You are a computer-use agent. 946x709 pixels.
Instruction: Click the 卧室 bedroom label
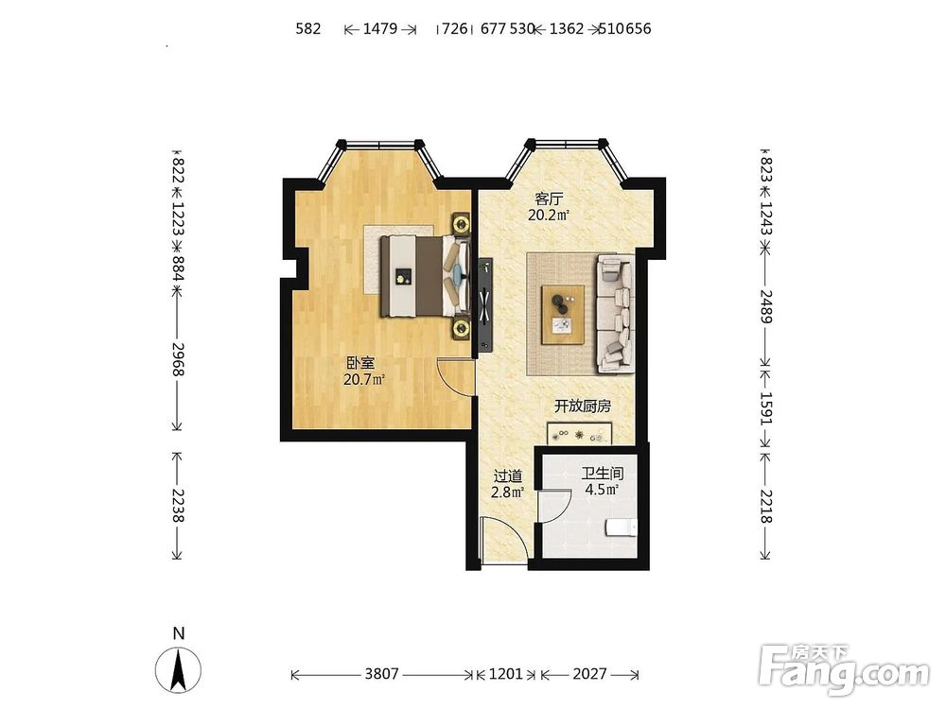click(360, 363)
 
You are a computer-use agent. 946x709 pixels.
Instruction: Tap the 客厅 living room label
click(549, 199)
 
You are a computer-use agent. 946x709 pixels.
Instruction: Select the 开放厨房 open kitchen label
click(583, 406)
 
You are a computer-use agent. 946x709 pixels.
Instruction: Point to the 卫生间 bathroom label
click(602, 474)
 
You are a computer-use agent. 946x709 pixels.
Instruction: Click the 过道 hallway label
click(507, 476)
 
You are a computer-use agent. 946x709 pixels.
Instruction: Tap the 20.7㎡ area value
click(364, 380)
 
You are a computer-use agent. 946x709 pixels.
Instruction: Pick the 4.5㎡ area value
click(602, 490)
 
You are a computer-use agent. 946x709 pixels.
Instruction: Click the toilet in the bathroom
click(621, 528)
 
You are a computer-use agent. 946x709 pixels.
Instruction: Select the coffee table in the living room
click(563, 315)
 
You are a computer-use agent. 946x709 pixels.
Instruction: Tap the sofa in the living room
click(616, 314)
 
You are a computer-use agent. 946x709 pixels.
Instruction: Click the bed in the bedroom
click(425, 275)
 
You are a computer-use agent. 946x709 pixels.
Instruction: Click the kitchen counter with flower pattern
click(579, 434)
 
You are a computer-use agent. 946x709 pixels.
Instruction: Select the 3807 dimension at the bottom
click(381, 673)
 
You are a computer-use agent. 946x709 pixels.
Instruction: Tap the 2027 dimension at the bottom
click(589, 673)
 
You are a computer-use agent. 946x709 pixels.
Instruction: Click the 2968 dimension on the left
click(178, 359)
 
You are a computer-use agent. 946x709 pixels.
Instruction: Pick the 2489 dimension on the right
click(765, 306)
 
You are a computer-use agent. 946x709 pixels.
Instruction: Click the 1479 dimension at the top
click(380, 28)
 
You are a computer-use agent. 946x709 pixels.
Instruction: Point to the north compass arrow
click(179, 669)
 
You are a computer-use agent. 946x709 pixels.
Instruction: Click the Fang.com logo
click(845, 670)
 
